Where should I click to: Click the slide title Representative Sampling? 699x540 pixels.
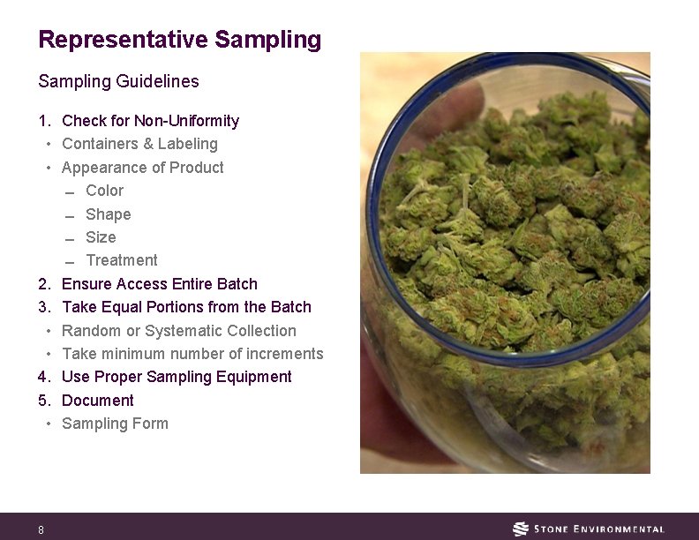tap(180, 40)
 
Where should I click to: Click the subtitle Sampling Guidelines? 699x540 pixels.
tap(118, 81)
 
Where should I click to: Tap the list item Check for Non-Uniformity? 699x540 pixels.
tap(150, 121)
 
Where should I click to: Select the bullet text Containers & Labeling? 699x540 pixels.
tap(139, 144)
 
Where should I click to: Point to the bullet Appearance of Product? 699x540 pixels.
tap(143, 168)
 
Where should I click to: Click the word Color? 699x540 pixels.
tap(104, 191)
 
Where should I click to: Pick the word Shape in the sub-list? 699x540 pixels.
tap(108, 214)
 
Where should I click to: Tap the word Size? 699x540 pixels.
tap(101, 237)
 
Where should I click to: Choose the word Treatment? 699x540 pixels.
tap(122, 260)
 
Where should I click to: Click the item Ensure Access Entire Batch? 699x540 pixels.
tap(160, 284)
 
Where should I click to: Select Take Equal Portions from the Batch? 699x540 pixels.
tap(186, 307)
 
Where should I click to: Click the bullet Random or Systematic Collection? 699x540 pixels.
tap(179, 331)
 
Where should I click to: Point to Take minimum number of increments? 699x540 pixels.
tap(192, 354)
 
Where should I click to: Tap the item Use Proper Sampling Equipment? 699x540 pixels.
tap(177, 377)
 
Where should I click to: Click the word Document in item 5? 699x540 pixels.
tap(98, 401)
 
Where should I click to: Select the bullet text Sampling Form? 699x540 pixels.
tap(115, 424)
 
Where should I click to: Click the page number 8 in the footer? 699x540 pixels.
tap(41, 530)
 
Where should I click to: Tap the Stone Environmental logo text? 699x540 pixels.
tap(600, 529)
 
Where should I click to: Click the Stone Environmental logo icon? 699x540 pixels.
tap(521, 529)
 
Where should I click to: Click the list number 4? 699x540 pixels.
tap(42, 377)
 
